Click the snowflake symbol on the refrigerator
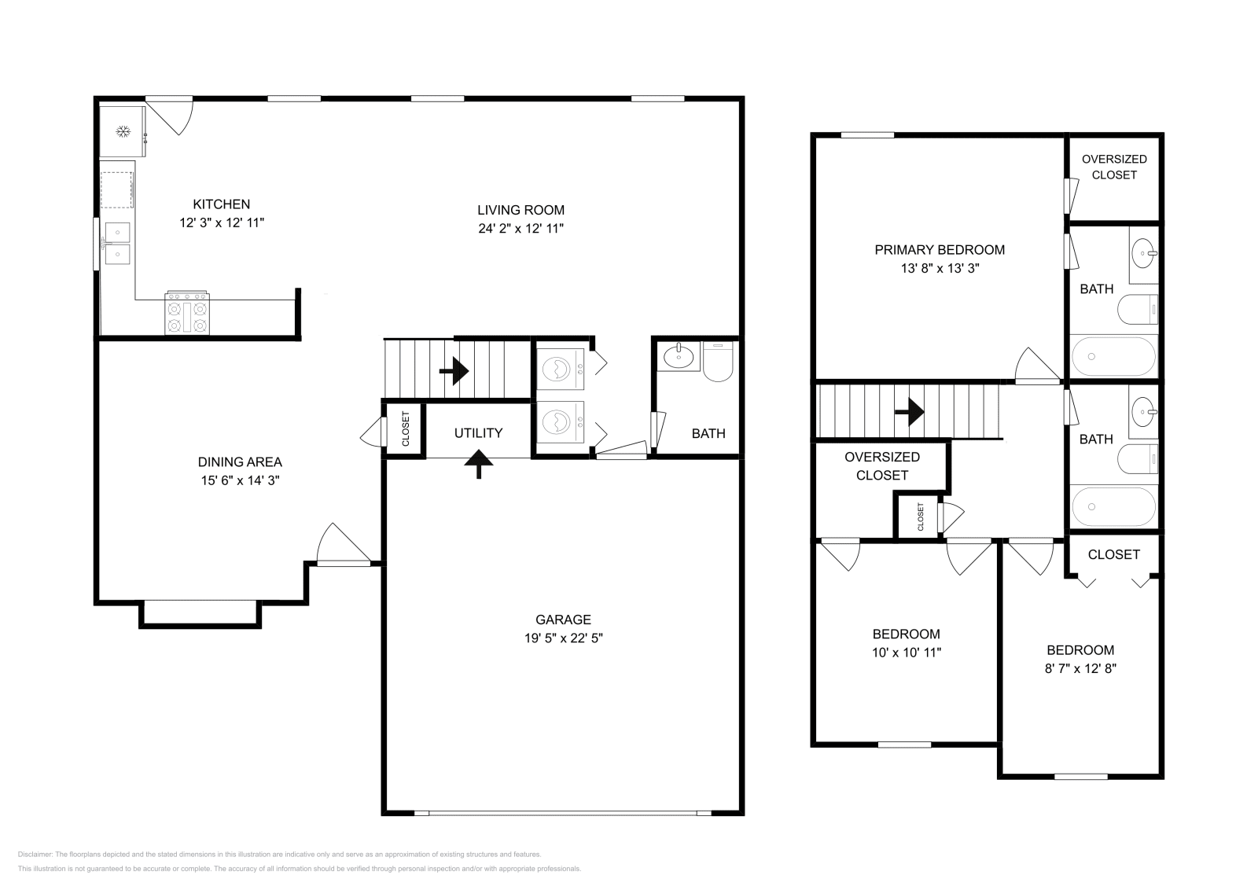click(x=123, y=132)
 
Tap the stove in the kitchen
click(x=187, y=314)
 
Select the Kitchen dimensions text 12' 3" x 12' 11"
click(x=222, y=223)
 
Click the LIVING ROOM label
click(x=521, y=210)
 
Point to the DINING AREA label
click(x=240, y=462)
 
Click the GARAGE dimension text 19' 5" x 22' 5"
click(x=563, y=638)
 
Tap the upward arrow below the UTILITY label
click(x=479, y=465)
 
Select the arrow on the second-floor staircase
click(x=909, y=412)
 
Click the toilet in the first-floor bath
click(x=718, y=362)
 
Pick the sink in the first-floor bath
click(x=679, y=357)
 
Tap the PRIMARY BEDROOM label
click(x=940, y=250)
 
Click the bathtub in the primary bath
click(x=1113, y=357)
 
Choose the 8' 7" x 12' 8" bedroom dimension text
click(x=1080, y=669)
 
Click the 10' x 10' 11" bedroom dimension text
click(x=907, y=653)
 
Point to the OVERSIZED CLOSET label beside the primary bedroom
click(x=1114, y=167)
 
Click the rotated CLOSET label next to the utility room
click(x=406, y=429)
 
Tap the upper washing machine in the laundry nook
click(x=560, y=370)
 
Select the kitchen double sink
click(x=117, y=244)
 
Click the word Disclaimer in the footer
click(x=35, y=855)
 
